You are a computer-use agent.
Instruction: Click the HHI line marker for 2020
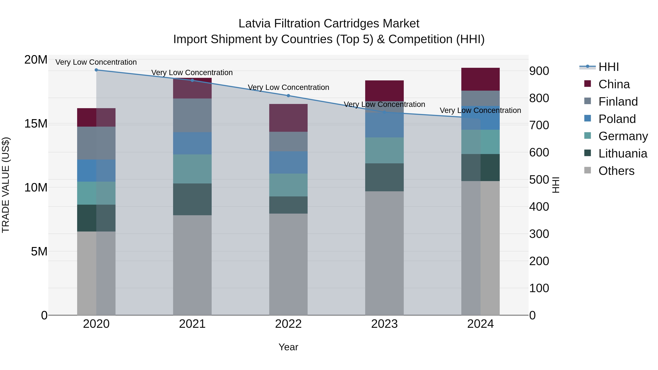[96, 70]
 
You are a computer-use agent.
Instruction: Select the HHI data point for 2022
[288, 96]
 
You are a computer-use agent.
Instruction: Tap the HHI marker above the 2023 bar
[384, 112]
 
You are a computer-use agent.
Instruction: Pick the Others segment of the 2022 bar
[288, 264]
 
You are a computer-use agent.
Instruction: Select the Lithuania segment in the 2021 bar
[192, 199]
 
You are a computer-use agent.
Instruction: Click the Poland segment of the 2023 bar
[384, 125]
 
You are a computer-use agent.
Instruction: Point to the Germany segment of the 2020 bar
[96, 193]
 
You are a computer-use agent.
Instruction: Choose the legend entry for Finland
[618, 102]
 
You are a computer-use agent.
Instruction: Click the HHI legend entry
[608, 67]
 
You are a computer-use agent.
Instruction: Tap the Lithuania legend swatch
[587, 153]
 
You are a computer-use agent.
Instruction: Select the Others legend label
[616, 171]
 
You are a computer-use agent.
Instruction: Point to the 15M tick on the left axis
[36, 124]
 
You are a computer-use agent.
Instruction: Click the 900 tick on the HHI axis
[539, 71]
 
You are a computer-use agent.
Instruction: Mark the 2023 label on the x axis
[384, 324]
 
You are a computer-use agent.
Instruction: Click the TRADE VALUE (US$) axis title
[6, 185]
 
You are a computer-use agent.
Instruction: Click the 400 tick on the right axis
[539, 207]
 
